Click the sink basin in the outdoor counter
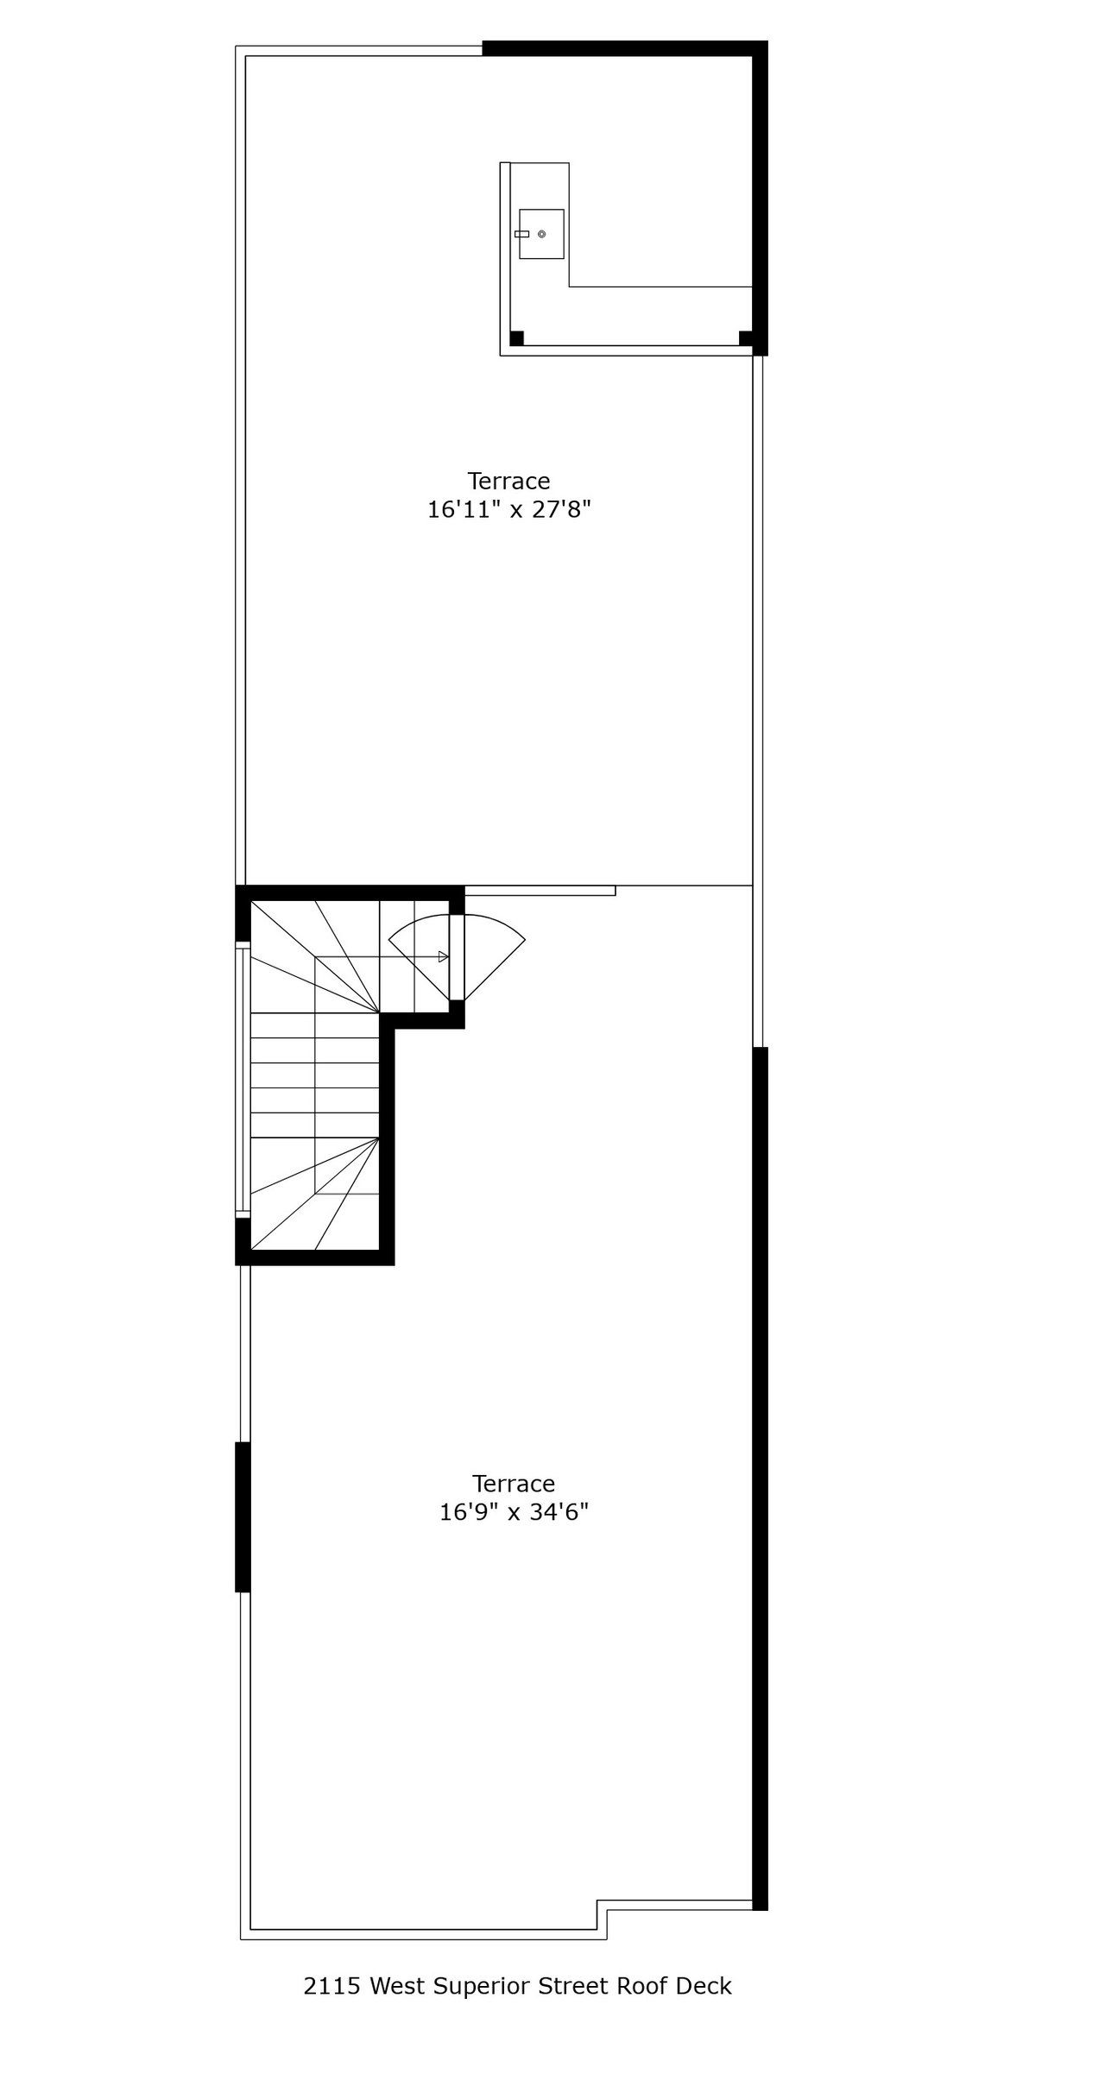[x=542, y=234]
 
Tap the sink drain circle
[x=541, y=234]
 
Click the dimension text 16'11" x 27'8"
[x=508, y=510]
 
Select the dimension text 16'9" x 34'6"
[x=514, y=1513]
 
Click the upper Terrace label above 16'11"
[x=508, y=481]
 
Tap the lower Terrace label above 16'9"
[x=514, y=1484]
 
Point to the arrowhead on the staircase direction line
[x=443, y=956]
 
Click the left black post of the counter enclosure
[x=516, y=338]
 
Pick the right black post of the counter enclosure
[x=746, y=338]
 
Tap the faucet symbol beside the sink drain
[x=521, y=234]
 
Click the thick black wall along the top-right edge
[x=622, y=47]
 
